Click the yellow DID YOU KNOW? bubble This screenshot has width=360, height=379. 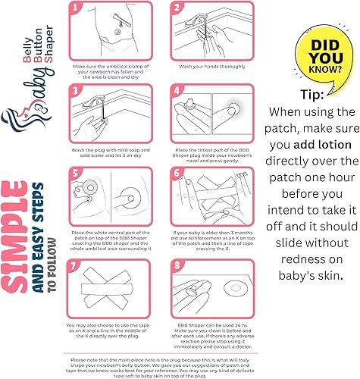[x=314, y=55]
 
